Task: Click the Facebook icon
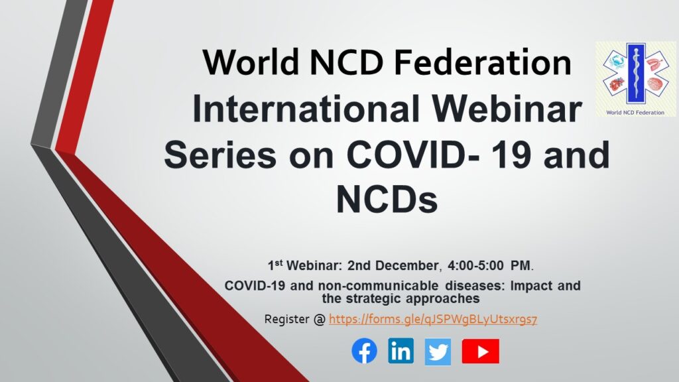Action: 364,351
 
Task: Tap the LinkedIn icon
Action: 401,351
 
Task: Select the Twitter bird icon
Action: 438,351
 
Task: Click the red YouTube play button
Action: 480,351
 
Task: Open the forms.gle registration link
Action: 433,320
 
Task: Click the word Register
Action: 286,320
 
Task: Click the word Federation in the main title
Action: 483,62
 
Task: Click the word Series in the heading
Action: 220,155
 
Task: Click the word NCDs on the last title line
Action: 387,200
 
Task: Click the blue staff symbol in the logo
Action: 635,74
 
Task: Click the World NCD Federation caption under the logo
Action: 635,113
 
